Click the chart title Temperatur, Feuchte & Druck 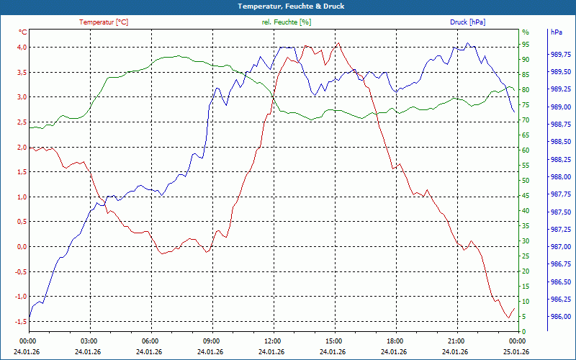pos(287,6)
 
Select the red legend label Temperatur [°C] pos(104,22)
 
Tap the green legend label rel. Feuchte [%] pos(287,22)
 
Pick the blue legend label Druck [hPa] pos(467,22)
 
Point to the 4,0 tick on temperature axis pos(22,48)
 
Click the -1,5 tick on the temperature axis pos(21,322)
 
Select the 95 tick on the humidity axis pos(526,48)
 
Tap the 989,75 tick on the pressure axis pos(559,55)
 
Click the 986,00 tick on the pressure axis pos(559,317)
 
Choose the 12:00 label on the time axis pos(273,341)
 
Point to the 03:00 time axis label pos(89,341)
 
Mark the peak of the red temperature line pos(338,43)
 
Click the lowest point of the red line pos(508,318)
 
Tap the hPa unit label pos(557,32)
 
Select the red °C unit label pos(23,32)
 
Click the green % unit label pos(525,32)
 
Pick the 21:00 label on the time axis pos(456,341)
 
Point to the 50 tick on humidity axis pos(526,181)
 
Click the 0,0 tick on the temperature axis pos(22,247)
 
